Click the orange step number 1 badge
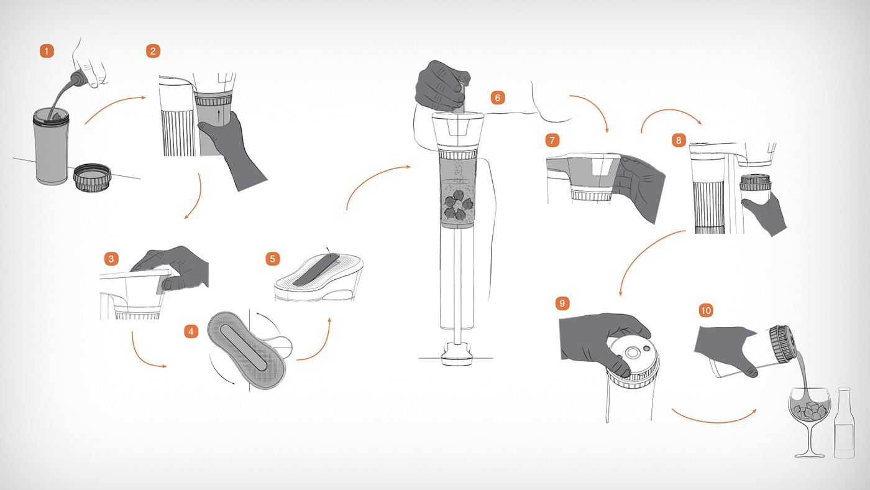click(47, 51)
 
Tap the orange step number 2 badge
click(153, 51)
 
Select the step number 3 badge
click(111, 259)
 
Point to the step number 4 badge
click(191, 331)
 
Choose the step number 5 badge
click(273, 259)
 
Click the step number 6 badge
click(498, 98)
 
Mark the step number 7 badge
click(552, 140)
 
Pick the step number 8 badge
click(679, 141)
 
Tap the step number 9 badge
click(562, 303)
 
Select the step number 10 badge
click(706, 310)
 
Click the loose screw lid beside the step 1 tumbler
click(93, 177)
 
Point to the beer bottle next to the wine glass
click(845, 423)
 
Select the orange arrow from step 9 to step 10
click(714, 420)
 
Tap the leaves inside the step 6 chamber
click(457, 204)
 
